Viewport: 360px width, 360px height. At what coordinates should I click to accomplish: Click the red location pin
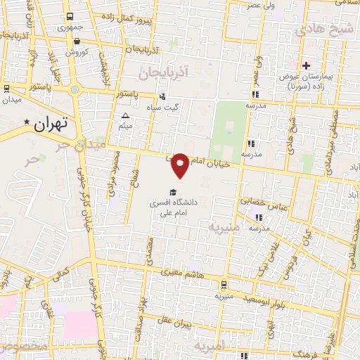(181, 165)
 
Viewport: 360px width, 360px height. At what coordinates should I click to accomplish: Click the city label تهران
(51, 125)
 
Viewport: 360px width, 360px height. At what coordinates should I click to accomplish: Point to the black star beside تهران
(27, 124)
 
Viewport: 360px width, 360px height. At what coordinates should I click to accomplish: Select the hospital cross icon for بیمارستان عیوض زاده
(306, 66)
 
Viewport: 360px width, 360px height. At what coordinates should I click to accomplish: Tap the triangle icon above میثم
(126, 116)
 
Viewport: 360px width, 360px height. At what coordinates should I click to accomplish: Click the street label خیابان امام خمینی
(208, 162)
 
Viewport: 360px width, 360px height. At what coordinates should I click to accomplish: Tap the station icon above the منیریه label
(223, 285)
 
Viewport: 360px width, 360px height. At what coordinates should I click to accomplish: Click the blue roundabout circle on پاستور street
(75, 89)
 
